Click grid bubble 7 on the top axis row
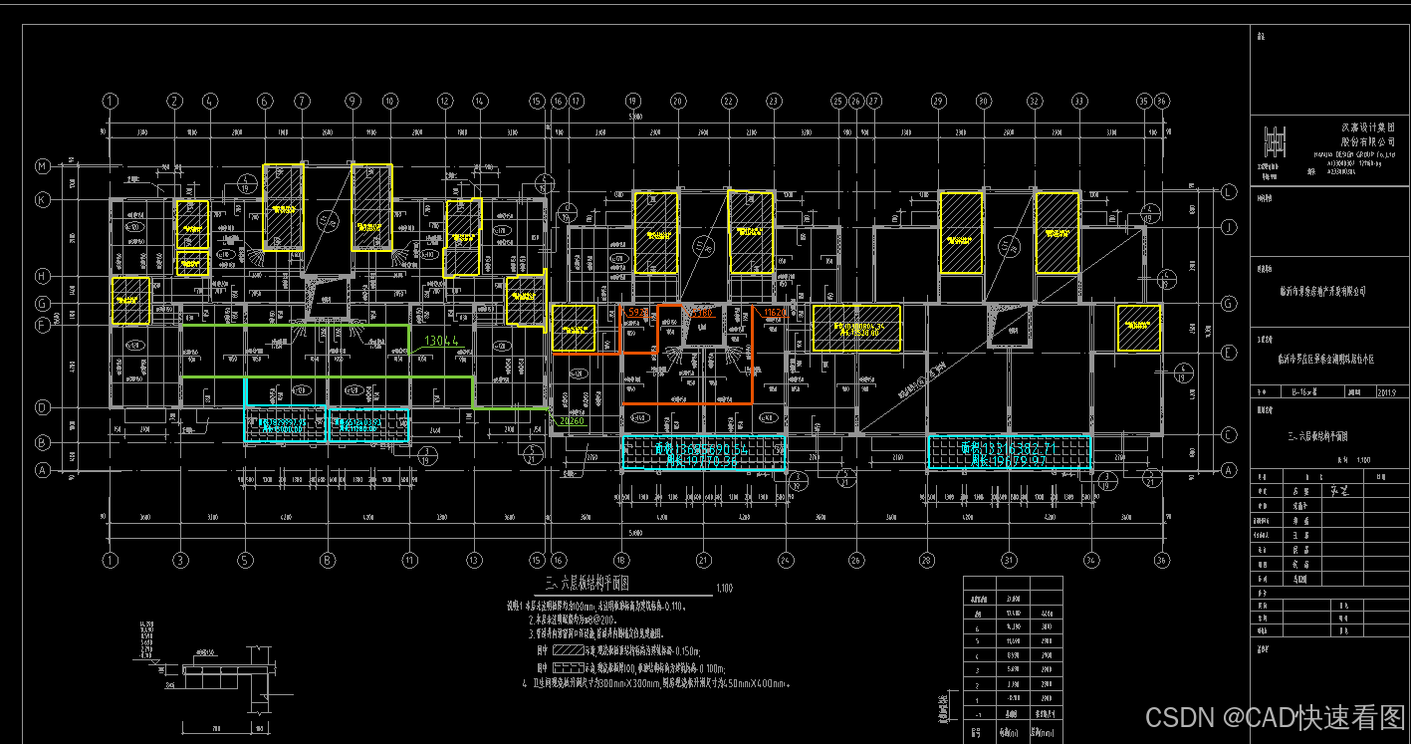click(x=302, y=101)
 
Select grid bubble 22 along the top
click(x=729, y=101)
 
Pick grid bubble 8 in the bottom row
click(x=327, y=560)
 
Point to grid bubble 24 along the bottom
click(x=786, y=560)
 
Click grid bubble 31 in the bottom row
click(x=1009, y=560)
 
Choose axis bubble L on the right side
click(x=1230, y=190)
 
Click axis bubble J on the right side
click(x=1230, y=227)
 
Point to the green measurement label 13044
click(x=442, y=341)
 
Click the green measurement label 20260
click(x=572, y=421)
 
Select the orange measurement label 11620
click(x=774, y=313)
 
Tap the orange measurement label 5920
click(x=637, y=313)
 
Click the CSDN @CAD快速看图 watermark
click(x=1275, y=717)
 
